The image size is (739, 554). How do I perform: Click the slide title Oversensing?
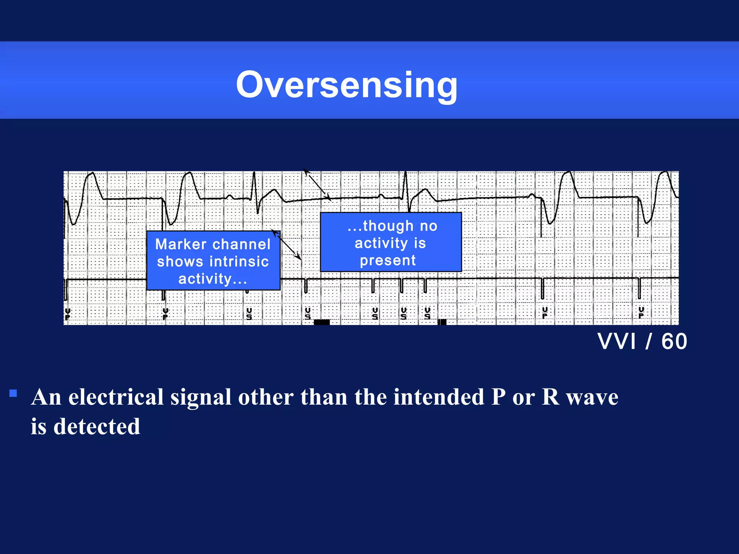click(346, 85)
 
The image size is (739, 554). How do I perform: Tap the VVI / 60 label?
click(642, 341)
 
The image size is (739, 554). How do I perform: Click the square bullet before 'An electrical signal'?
click(13, 393)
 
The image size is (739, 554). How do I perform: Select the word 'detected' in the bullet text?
click(97, 426)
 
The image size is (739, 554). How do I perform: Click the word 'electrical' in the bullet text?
click(116, 397)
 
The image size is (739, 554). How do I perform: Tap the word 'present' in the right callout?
click(388, 260)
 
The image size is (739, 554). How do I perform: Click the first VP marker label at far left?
click(67, 314)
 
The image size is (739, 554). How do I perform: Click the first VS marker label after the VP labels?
click(249, 313)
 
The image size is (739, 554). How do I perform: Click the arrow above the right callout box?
click(317, 185)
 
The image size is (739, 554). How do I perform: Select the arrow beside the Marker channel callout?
click(287, 245)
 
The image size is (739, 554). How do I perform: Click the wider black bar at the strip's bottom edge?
click(322, 322)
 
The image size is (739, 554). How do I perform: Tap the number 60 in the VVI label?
click(674, 341)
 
